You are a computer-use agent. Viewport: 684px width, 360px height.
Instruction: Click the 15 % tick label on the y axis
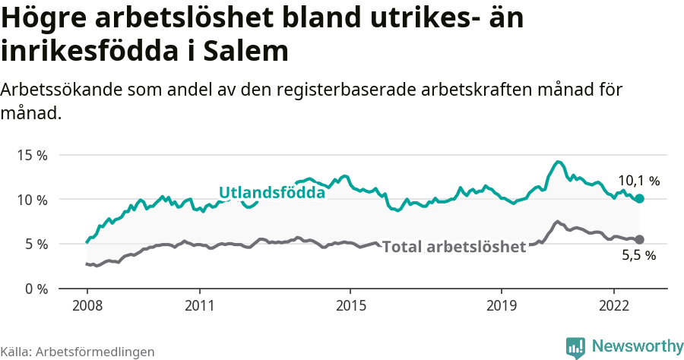click(32, 155)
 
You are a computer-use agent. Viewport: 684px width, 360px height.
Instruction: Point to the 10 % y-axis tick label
click(32, 200)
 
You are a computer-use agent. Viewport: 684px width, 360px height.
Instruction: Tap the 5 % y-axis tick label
click(35, 245)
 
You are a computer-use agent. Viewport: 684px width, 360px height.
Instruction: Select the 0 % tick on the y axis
click(35, 289)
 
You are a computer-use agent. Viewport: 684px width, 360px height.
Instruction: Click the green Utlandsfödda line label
click(272, 193)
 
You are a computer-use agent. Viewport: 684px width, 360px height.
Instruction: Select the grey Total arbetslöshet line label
click(454, 247)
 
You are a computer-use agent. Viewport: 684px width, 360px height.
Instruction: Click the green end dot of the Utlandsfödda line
click(640, 198)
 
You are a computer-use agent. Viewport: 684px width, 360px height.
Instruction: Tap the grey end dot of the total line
click(639, 239)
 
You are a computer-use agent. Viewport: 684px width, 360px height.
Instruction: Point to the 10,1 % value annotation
click(638, 181)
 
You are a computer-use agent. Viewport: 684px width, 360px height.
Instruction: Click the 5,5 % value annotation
click(638, 256)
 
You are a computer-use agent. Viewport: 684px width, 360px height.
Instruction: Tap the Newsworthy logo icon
click(575, 347)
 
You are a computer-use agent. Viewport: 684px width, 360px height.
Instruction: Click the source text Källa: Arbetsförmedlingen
click(78, 352)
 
